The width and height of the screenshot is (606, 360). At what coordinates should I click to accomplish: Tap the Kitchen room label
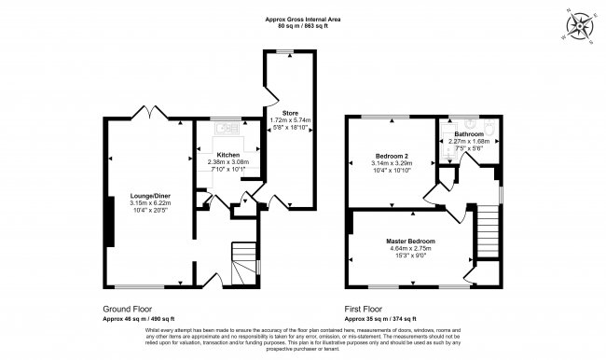tap(228, 154)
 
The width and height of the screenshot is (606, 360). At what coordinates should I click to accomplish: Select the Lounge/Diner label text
tap(149, 196)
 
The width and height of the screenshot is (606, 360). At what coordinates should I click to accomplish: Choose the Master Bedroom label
tap(410, 242)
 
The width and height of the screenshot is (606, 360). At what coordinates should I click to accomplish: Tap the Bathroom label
tap(469, 134)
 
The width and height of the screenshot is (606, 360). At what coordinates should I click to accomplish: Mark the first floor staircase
tap(487, 228)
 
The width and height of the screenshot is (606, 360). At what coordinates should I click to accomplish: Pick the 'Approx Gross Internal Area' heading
tap(303, 19)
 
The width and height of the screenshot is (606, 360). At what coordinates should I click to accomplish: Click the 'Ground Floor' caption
tap(127, 309)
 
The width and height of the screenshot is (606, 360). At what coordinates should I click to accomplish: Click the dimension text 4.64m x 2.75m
tap(410, 249)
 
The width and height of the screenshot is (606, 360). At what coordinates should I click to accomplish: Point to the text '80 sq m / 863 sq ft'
tap(303, 26)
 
